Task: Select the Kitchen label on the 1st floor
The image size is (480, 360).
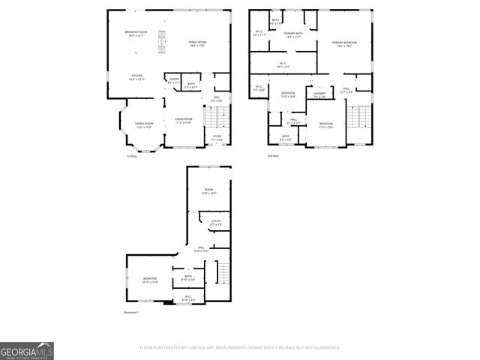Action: [x=136, y=77]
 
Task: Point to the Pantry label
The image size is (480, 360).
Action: [x=172, y=80]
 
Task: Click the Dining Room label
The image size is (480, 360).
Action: [x=144, y=125]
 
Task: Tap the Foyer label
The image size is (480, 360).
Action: [x=217, y=137]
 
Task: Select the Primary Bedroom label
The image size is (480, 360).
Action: [x=344, y=44]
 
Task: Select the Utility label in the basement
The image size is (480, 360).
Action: [x=216, y=223]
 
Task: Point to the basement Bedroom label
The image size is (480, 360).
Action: [x=150, y=280]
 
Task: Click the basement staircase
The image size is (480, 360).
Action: [x=223, y=273]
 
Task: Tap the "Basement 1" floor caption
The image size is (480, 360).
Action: [x=132, y=312]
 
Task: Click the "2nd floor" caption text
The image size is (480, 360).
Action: [x=273, y=155]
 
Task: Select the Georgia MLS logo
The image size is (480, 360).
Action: [x=27, y=351]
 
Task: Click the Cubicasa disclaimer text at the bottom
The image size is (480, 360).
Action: [x=239, y=347]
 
